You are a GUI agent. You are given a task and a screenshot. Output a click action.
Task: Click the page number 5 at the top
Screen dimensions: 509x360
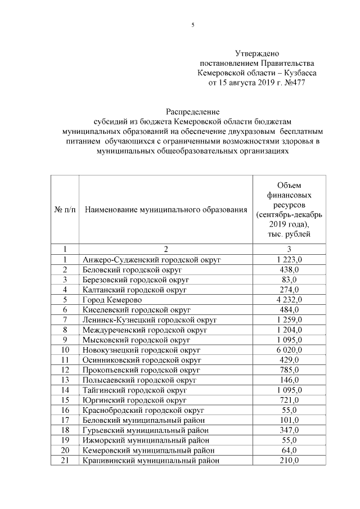(x=192, y=25)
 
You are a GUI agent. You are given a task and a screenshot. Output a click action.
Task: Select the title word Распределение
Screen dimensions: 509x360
(x=192, y=111)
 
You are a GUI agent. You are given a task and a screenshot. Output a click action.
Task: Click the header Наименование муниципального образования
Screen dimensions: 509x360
(x=166, y=210)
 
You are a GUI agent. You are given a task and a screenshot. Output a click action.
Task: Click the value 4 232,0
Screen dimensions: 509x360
(x=290, y=299)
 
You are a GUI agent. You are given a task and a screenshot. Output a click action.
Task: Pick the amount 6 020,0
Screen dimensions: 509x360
(x=290, y=350)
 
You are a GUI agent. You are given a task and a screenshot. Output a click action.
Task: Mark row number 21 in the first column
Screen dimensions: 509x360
(x=65, y=461)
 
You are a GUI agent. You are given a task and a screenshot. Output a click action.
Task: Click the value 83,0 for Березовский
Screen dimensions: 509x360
(x=290, y=280)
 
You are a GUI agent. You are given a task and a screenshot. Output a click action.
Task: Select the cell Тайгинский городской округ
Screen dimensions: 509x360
(x=133, y=390)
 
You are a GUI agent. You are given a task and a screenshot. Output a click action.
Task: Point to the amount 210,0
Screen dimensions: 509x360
(x=290, y=461)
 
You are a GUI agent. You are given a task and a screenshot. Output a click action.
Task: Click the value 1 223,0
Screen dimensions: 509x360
(x=290, y=259)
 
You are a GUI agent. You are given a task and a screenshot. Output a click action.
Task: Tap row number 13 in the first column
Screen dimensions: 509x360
(x=65, y=380)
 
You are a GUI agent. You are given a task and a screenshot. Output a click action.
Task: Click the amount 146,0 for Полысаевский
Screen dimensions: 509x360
(x=290, y=380)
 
